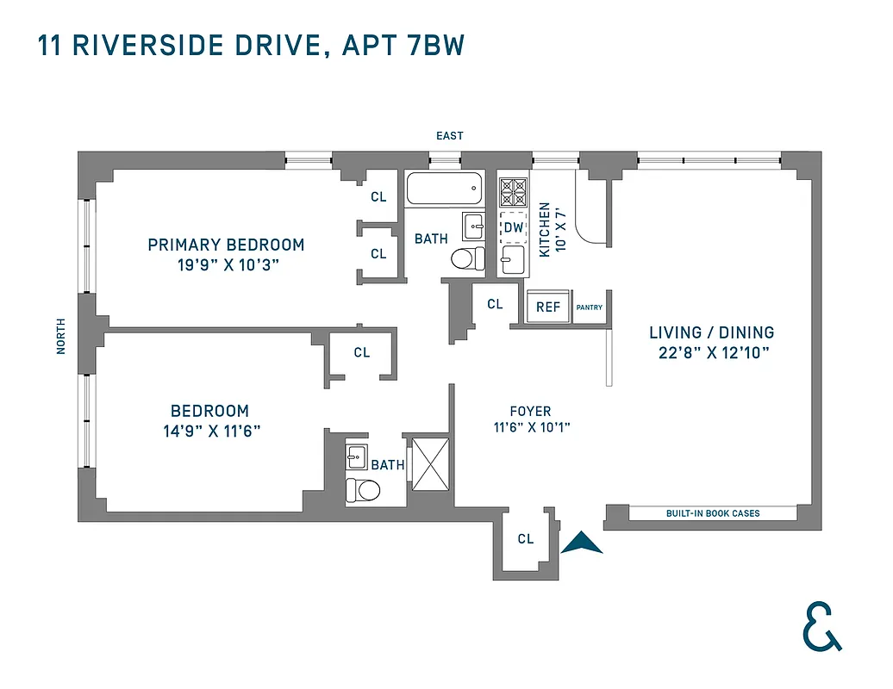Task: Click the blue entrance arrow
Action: (x=582, y=543)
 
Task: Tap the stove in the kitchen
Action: (x=513, y=189)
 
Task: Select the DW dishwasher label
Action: (x=513, y=227)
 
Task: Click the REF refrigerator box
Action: (x=548, y=307)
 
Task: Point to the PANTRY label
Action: (x=590, y=307)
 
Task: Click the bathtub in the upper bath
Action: (x=444, y=189)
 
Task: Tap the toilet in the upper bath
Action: (x=468, y=258)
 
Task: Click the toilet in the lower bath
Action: (x=363, y=491)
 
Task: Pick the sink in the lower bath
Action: (x=357, y=456)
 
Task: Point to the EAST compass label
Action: (x=449, y=136)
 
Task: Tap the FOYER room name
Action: (x=531, y=412)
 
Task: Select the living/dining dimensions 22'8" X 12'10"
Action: (x=711, y=352)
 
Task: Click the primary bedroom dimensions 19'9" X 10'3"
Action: (x=226, y=265)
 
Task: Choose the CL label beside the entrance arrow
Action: (x=525, y=539)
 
